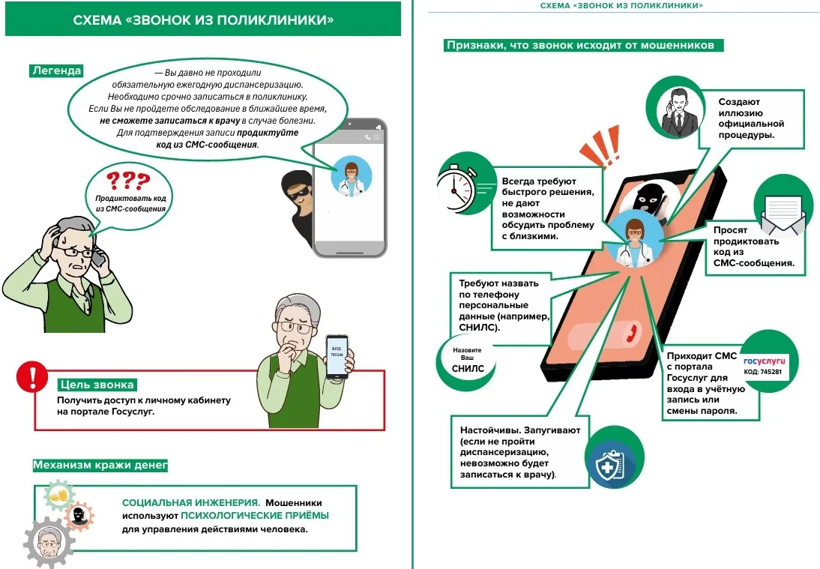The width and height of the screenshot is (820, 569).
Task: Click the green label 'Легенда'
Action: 55,71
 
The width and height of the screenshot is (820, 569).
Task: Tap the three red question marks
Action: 127,181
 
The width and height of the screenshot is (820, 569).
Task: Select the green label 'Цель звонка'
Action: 97,385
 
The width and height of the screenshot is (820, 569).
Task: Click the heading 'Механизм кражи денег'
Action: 100,466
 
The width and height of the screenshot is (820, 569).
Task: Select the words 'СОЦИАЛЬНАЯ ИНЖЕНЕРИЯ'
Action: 190,502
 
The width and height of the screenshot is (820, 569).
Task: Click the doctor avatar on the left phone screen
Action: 350,178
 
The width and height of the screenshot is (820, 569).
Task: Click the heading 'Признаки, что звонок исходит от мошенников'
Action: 585,45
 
